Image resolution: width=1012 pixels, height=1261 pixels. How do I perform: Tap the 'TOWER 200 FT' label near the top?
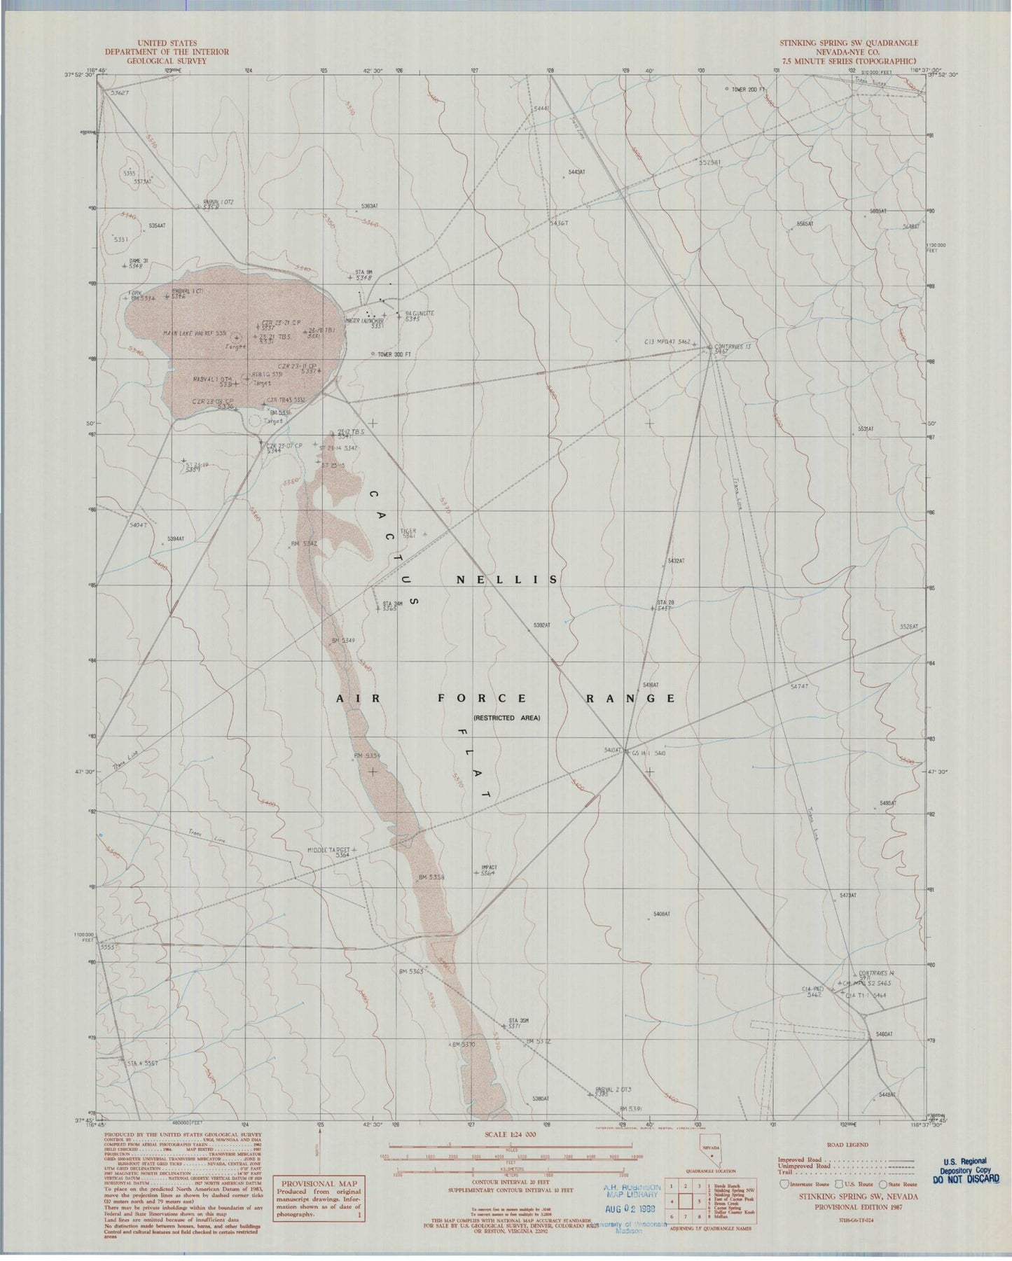click(x=750, y=90)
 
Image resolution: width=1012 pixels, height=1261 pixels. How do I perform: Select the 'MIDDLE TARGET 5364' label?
click(x=328, y=851)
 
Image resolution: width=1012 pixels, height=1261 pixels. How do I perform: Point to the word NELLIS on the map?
click(x=506, y=580)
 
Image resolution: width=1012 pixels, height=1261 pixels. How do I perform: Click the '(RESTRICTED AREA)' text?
click(x=506, y=718)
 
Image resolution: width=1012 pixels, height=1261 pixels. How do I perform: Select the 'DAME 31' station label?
click(x=139, y=261)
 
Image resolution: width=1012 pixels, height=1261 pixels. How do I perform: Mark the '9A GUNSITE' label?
click(x=420, y=313)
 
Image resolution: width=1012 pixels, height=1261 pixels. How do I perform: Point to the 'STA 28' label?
click(x=665, y=603)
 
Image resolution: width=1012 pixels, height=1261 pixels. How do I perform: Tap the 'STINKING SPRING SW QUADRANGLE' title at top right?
click(x=849, y=43)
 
